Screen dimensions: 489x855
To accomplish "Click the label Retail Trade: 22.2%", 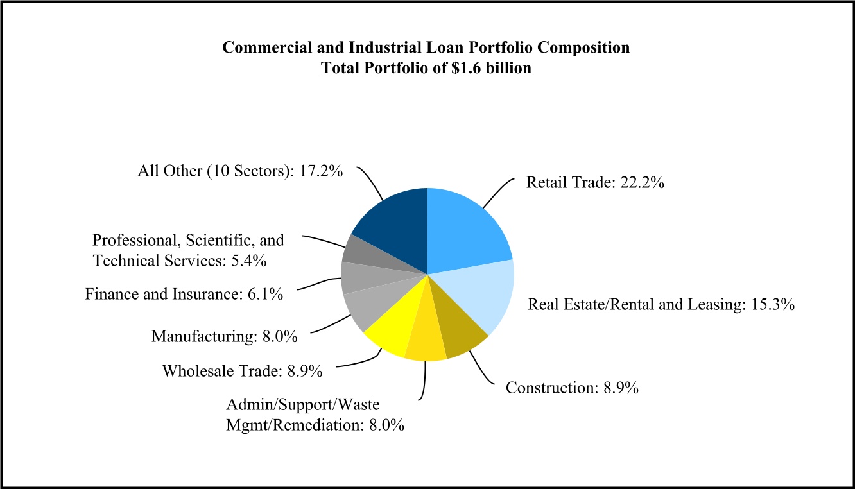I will (595, 183).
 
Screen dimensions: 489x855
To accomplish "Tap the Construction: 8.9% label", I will (571, 388).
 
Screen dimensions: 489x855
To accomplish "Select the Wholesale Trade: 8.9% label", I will (242, 371).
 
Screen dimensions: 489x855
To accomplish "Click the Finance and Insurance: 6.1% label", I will (184, 295).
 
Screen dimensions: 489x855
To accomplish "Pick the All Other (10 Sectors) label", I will (239, 172).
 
